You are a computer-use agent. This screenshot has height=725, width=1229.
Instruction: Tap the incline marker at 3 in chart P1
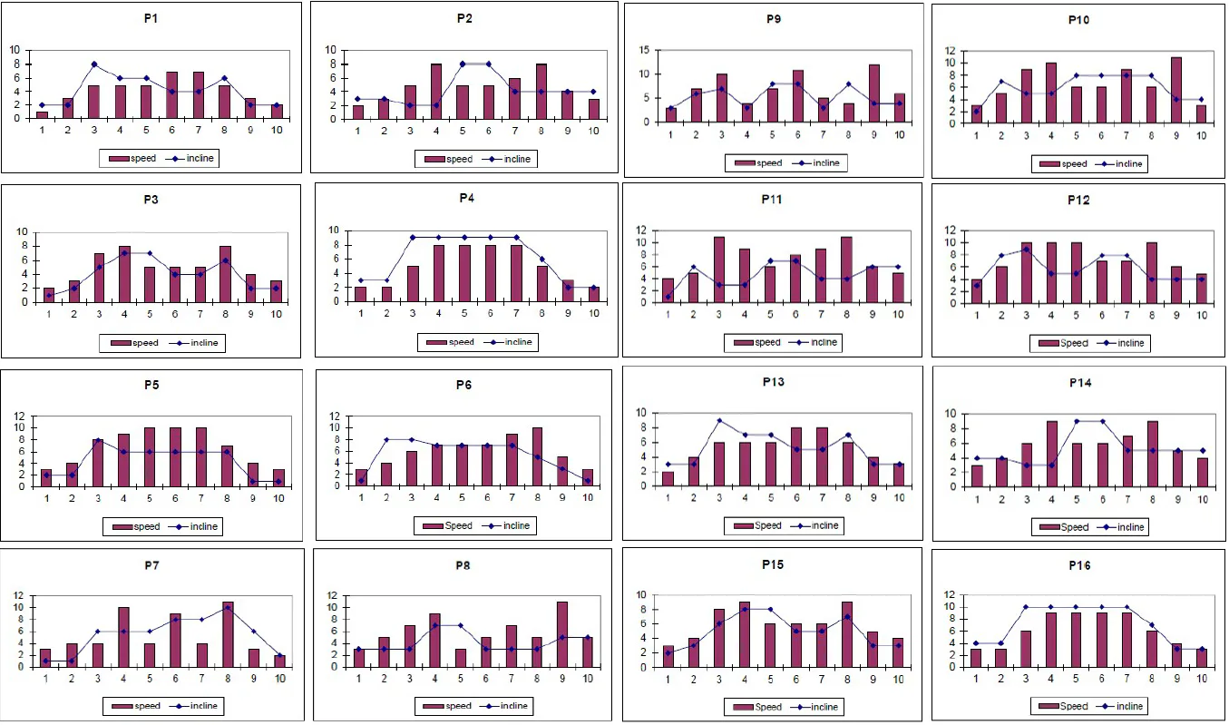93,64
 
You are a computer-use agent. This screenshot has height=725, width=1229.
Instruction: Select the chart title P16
1080,565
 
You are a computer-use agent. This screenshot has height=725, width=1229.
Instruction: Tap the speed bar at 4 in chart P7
123,637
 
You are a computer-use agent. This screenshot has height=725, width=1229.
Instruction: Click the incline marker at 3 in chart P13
719,420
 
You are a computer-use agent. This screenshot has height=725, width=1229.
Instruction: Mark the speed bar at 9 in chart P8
561,634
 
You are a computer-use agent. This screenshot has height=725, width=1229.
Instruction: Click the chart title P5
151,384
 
